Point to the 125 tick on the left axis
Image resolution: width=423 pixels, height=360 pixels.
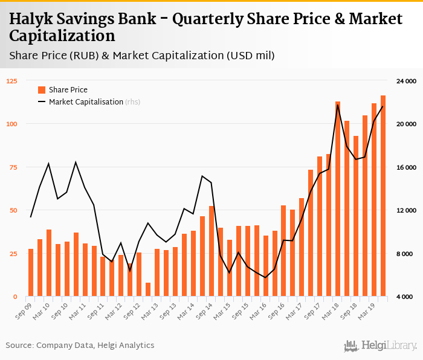11,81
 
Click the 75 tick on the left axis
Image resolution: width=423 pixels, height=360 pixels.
13,167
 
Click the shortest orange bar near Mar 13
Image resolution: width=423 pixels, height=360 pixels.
148,289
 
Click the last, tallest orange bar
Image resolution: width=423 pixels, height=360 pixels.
383,196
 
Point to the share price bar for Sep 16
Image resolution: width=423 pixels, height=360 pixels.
283,251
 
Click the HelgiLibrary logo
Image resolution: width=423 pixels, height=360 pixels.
380,346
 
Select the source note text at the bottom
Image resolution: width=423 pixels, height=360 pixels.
80,346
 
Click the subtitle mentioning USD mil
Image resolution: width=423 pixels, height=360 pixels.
143,56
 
